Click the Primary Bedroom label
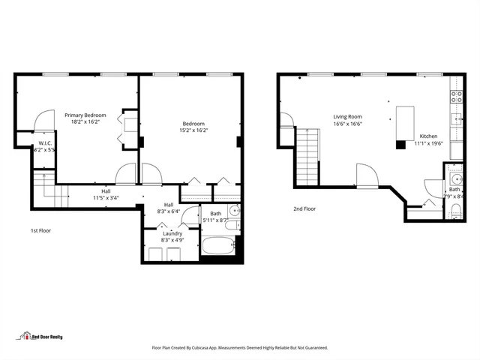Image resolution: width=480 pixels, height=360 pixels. coord(85,115)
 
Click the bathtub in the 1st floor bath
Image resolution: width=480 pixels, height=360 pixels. coord(218,247)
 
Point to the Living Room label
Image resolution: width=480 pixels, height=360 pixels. coord(348,116)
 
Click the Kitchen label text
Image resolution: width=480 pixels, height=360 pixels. coord(428,136)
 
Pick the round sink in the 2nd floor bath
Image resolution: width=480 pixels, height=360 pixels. coord(456,178)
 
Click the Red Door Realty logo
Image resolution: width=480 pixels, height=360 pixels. coord(41,336)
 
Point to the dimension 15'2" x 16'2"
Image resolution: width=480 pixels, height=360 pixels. coord(193,130)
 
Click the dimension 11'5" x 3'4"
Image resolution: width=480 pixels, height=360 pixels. coord(105,198)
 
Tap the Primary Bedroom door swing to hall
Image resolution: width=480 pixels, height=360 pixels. coord(125,174)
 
